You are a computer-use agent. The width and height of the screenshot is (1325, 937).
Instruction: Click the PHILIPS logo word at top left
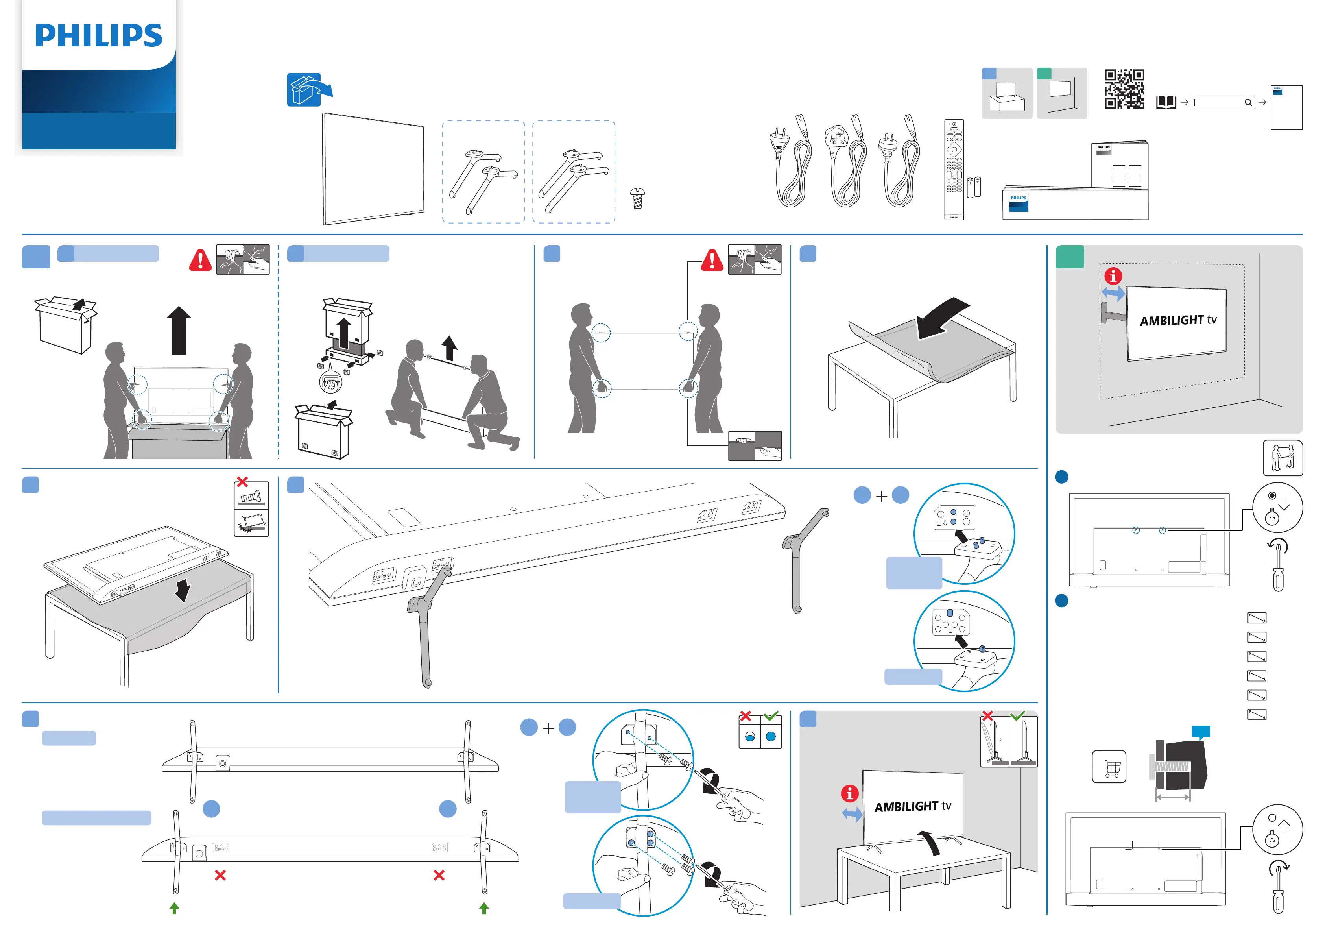pos(99,36)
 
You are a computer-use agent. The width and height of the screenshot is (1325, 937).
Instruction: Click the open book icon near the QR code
pos(1166,103)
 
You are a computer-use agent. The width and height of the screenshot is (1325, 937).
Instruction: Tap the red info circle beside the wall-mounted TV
pos(1113,276)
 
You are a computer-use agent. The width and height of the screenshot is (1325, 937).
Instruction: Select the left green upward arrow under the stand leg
pos(174,908)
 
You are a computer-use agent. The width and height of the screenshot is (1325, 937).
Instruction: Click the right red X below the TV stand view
pos(439,875)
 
